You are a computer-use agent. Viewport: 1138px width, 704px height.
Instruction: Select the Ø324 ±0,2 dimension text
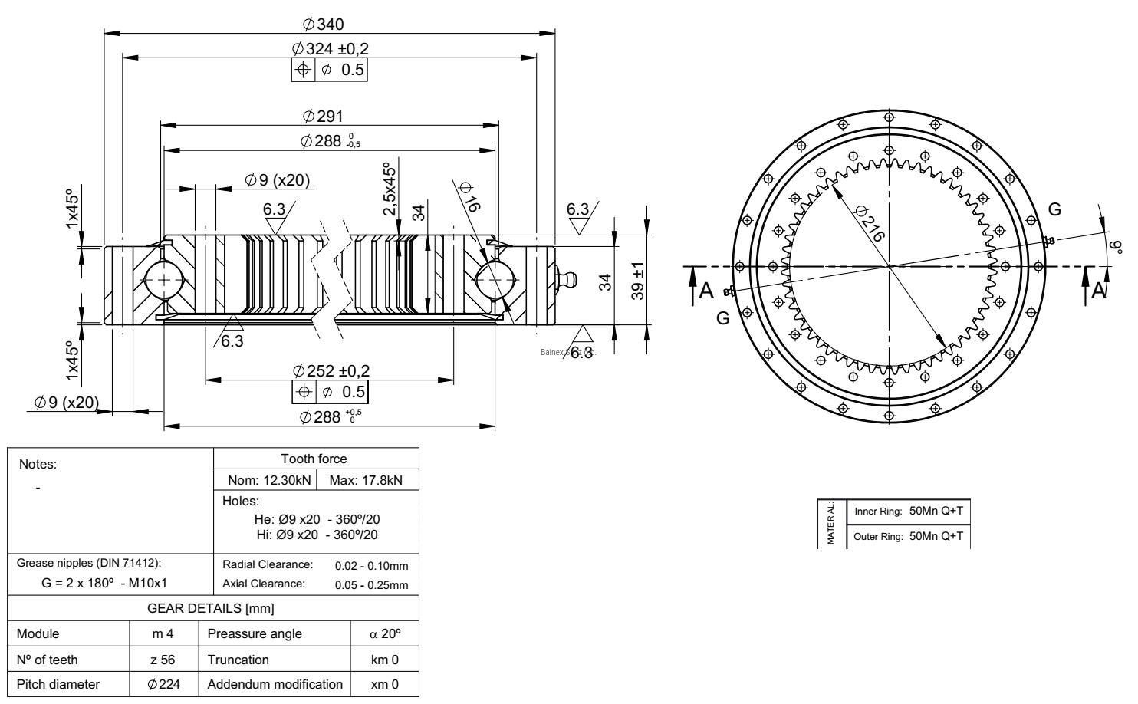pyautogui.click(x=330, y=48)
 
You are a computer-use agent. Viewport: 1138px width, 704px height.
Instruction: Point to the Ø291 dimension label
pyautogui.click(x=323, y=116)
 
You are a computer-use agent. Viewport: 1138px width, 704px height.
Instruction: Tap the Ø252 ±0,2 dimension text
pyautogui.click(x=331, y=370)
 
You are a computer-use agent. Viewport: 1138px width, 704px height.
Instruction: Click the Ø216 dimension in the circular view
pyautogui.click(x=869, y=223)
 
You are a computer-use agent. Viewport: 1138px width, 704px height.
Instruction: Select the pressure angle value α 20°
pyautogui.click(x=384, y=634)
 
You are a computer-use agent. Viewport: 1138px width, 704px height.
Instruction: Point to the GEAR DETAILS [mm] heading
pyautogui.click(x=210, y=609)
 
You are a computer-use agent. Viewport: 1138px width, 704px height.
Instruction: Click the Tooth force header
pyautogui.click(x=314, y=459)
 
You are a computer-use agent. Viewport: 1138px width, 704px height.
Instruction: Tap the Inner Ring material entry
pyautogui.click(x=908, y=512)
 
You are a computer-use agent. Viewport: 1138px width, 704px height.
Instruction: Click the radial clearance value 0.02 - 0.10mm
pyautogui.click(x=372, y=566)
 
